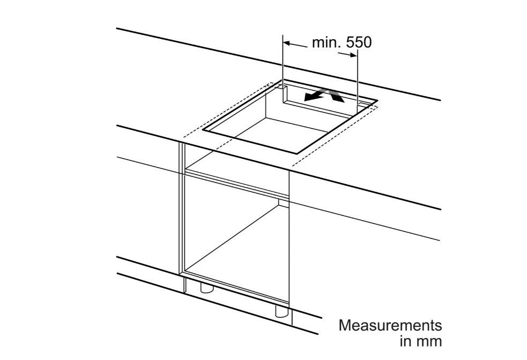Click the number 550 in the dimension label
click(359, 43)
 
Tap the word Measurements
click(390, 325)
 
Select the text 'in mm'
click(421, 341)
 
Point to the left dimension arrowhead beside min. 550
click(287, 43)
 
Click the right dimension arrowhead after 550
click(353, 55)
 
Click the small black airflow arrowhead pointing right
click(337, 96)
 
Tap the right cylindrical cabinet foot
click(281, 311)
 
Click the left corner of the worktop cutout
click(203, 130)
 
